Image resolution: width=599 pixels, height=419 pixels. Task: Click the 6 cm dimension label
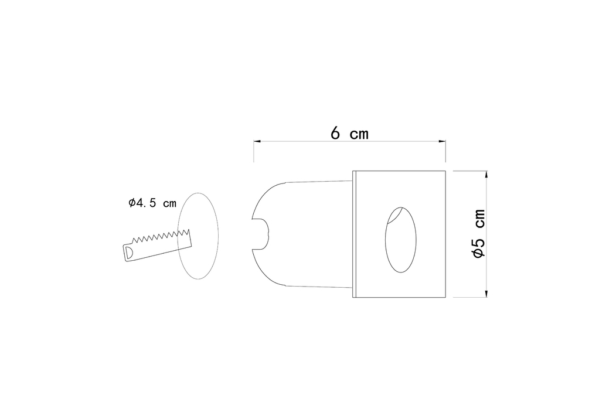tap(349, 133)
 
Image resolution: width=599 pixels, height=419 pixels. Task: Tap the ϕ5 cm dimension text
tap(479, 233)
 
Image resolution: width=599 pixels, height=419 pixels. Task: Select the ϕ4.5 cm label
tap(152, 203)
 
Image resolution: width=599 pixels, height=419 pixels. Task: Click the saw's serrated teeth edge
tap(161, 236)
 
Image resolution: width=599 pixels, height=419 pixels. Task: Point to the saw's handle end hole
tap(129, 252)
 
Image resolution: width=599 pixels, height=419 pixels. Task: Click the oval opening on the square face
tap(400, 240)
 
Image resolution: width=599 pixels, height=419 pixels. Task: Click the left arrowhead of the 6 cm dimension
tap(257, 141)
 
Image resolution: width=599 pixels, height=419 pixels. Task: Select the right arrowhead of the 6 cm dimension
tap(443, 141)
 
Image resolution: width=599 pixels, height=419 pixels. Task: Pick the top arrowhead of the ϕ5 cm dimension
tap(486, 174)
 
